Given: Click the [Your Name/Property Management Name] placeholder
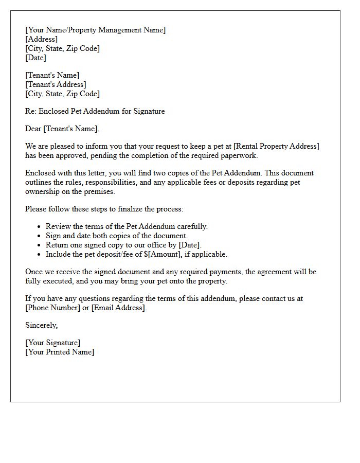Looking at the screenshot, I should [x=95, y=30].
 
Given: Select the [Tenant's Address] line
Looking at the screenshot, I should [x=56, y=84].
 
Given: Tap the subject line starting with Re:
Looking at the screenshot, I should [x=95, y=111].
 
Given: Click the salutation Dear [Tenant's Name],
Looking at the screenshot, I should [x=62, y=129].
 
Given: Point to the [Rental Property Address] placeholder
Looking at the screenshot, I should [x=276, y=146].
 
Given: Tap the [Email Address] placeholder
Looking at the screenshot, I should [x=119, y=308].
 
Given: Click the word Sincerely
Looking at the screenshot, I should [x=41, y=325].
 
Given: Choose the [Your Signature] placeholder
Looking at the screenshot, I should [x=52, y=343].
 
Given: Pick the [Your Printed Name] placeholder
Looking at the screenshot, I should [x=60, y=352].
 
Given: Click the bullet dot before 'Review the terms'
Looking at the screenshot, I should [x=39, y=226].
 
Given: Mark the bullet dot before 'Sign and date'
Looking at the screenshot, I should [x=39, y=236].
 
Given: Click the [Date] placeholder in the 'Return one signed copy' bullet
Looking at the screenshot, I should [x=189, y=245].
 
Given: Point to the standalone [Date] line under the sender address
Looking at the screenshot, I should [x=35, y=58].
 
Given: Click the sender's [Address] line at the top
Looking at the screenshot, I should [x=41, y=39].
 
